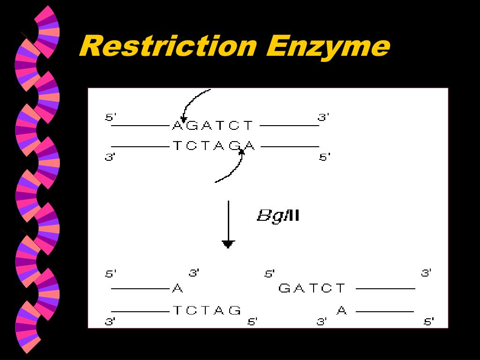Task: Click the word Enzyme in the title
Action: (x=329, y=47)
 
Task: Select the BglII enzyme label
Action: (x=278, y=216)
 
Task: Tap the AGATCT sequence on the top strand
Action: (x=213, y=126)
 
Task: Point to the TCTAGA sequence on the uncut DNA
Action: (x=214, y=146)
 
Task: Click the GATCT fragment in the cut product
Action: (x=312, y=288)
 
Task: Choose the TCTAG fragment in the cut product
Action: (x=207, y=310)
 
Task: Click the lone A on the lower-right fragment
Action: (x=342, y=310)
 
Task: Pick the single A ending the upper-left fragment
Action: (x=178, y=288)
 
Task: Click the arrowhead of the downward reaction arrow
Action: (x=228, y=244)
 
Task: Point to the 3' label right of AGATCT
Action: (x=323, y=117)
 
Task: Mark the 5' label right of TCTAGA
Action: (x=325, y=157)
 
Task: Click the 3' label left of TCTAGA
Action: (x=110, y=157)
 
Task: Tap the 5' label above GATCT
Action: (x=270, y=273)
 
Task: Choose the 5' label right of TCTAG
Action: (x=252, y=322)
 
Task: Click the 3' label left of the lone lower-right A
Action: (x=322, y=322)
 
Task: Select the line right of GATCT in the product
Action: (x=385, y=289)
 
